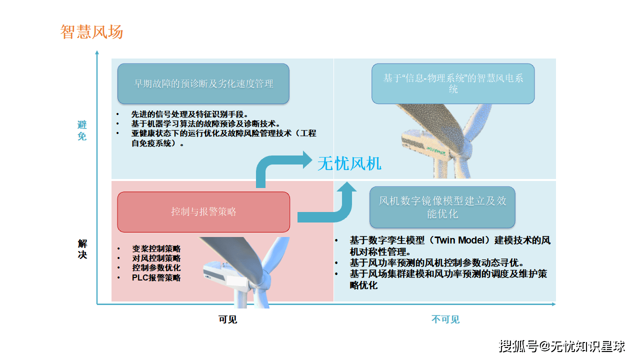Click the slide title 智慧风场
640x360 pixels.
pos(91,32)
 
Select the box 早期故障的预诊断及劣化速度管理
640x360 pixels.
pos(203,83)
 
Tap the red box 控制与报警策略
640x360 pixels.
pos(203,211)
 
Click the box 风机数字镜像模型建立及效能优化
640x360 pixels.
pos(442,207)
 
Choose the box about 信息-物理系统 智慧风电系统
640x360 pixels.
pos(453,83)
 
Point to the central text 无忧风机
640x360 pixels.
pos(349,163)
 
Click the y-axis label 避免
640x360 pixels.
pos(82,130)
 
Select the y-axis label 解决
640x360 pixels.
pos(82,249)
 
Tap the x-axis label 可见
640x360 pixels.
pos(227,319)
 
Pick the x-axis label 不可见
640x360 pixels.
pos(445,319)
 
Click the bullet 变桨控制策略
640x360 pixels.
pos(156,248)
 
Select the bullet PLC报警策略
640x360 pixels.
pos(156,277)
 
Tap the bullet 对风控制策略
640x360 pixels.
pos(156,258)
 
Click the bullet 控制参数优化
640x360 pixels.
pos(156,268)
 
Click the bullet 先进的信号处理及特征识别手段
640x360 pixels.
pos(190,114)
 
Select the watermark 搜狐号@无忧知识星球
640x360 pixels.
pos(562,345)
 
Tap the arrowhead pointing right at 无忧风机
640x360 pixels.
pos(306,161)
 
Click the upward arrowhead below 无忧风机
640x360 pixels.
pos(346,188)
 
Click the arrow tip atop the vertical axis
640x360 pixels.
pos(97,52)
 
